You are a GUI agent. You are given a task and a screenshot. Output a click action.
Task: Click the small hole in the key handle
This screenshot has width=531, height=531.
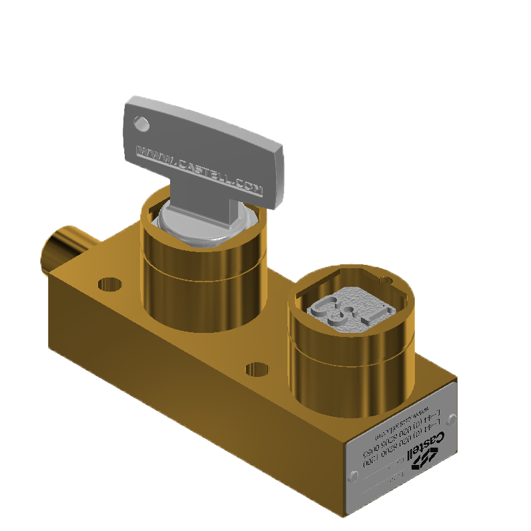pyautogui.click(x=141, y=123)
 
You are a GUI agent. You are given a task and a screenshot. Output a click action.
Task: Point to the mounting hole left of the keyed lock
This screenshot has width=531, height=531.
pyautogui.click(x=110, y=284)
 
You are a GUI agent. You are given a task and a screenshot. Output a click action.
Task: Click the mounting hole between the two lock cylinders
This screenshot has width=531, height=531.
pyautogui.click(x=257, y=370)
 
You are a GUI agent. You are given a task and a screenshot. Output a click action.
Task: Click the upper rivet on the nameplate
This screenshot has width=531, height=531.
pyautogui.click(x=451, y=420)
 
